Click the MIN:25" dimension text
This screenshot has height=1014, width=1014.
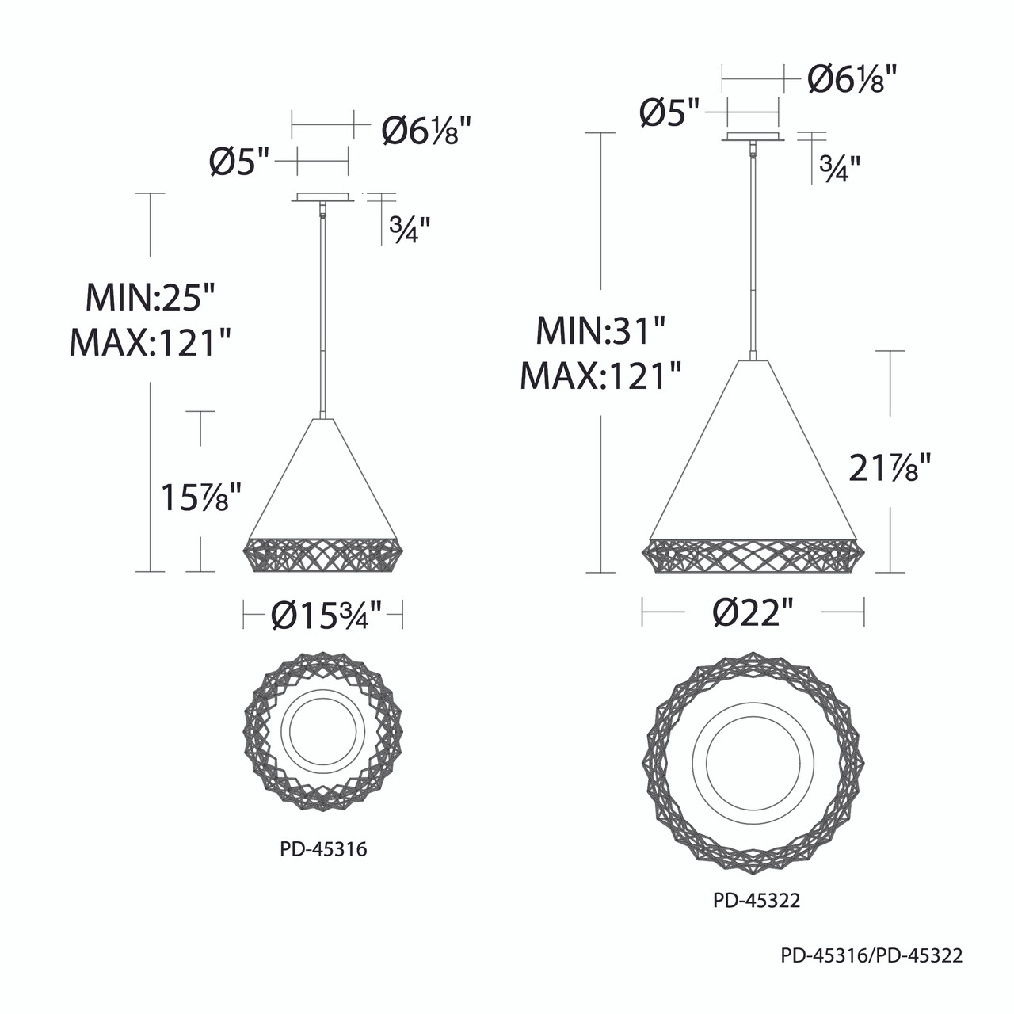tap(150, 299)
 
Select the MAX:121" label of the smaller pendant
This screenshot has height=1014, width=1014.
tap(150, 343)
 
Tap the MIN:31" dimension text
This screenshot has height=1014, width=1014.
tap(600, 330)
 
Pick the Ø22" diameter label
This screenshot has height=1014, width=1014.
tap(752, 612)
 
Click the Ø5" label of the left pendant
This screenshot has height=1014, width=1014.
tap(240, 162)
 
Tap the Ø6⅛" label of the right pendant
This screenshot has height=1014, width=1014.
tap(852, 79)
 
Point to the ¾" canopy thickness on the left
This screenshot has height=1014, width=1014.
tap(410, 230)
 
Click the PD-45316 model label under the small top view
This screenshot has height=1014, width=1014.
tap(323, 850)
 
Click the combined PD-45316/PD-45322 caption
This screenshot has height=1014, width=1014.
tap(871, 956)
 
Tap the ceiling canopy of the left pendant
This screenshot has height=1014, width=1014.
tap(322, 197)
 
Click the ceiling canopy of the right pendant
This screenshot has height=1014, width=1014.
tap(753, 139)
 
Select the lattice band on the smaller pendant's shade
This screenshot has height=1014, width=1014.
tap(323, 554)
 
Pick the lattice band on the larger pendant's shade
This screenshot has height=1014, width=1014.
tap(753, 555)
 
